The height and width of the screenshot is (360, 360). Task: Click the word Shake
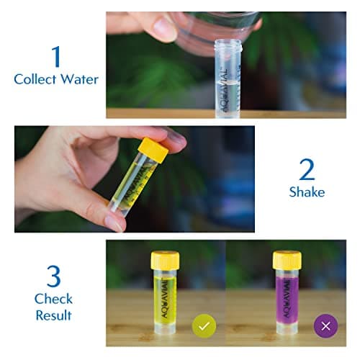point(307,192)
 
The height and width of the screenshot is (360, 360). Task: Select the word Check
point(53,298)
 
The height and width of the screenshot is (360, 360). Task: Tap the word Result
point(53,315)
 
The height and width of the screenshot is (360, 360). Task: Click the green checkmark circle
point(204,326)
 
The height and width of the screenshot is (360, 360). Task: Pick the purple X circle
point(325,326)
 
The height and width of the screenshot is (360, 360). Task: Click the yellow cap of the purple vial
point(287,259)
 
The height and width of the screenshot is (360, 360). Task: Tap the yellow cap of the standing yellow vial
point(165,259)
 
